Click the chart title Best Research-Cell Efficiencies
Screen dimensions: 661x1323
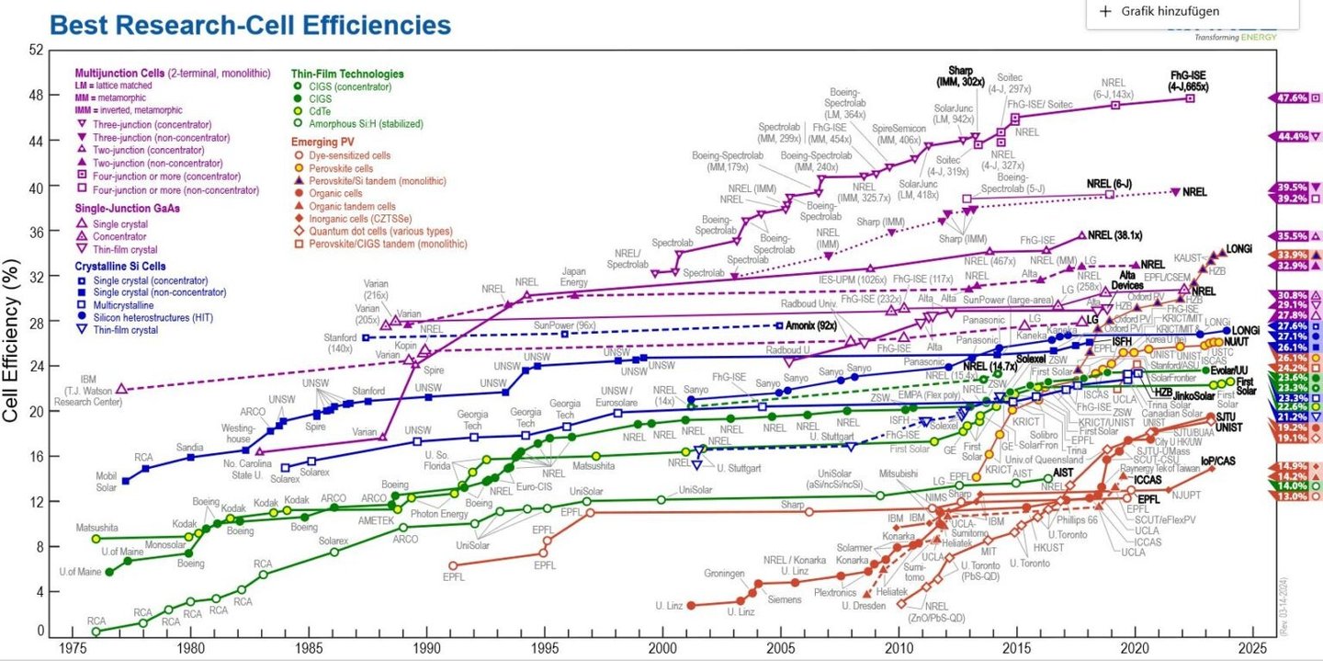coord(250,25)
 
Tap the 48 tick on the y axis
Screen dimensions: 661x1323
coord(36,96)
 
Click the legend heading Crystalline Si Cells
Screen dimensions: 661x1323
coord(125,267)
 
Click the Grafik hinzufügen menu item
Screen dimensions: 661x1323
coord(1167,11)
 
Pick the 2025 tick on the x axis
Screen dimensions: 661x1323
coord(1251,648)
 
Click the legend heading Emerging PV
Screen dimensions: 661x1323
coord(323,142)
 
